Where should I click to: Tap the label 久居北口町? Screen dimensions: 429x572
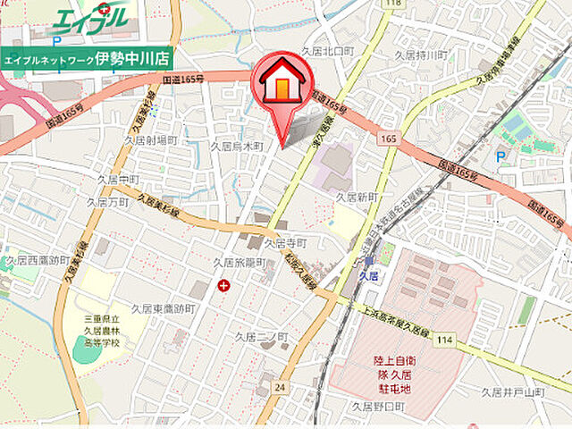tap(328, 51)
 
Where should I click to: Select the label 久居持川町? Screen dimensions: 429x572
tap(421, 55)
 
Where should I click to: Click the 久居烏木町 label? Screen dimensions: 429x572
tap(237, 145)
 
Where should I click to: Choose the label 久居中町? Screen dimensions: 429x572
tap(120, 179)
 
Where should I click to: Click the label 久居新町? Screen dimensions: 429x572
tap(358, 196)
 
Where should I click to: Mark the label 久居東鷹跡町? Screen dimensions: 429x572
tap(163, 308)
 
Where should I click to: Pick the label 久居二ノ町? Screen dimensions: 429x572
tap(261, 337)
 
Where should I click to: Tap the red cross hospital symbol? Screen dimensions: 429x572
tap(222, 286)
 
